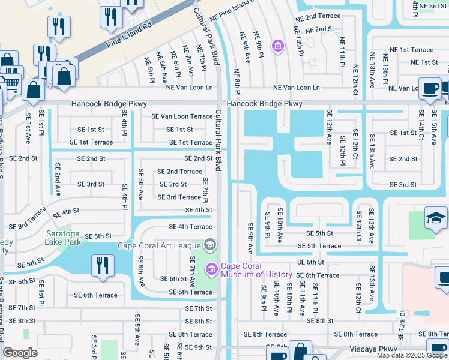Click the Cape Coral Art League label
[x=159, y=245]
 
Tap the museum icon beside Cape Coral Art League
[x=211, y=244]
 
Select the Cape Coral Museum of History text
[x=256, y=270]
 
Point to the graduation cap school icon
[x=436, y=219]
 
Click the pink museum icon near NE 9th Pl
[x=277, y=46]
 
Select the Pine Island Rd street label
[x=124, y=35]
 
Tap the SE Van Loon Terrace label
[x=182, y=116]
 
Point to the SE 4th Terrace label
[x=190, y=227]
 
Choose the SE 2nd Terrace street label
[x=179, y=172]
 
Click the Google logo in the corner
[x=20, y=353]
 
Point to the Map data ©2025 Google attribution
[x=412, y=355]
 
